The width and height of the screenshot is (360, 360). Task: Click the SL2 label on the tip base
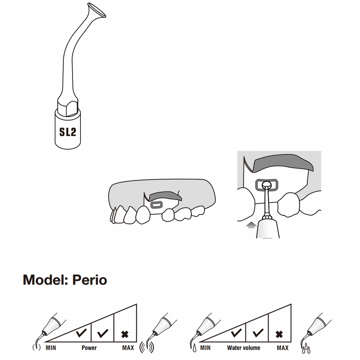click(x=67, y=132)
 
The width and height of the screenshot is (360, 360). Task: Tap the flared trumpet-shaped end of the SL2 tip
click(x=97, y=10)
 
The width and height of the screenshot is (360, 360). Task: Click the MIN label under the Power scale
click(x=51, y=348)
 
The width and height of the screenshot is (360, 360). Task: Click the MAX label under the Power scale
click(x=128, y=348)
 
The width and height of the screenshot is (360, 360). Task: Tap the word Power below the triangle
click(x=89, y=348)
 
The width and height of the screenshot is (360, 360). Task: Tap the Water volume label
click(x=244, y=348)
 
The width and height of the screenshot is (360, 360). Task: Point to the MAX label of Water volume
click(x=283, y=348)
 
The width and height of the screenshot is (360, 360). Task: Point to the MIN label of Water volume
click(x=205, y=348)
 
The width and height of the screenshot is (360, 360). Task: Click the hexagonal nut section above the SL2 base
click(x=67, y=108)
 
